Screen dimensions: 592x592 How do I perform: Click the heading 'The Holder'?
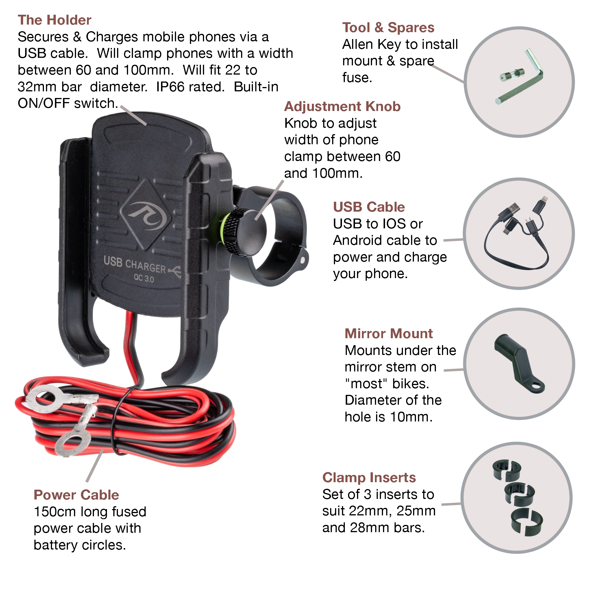click(x=54, y=20)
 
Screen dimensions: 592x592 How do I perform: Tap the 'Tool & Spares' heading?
click(x=388, y=27)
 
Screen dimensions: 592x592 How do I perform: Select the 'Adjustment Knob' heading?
click(x=342, y=107)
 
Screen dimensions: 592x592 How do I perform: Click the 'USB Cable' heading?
click(x=369, y=207)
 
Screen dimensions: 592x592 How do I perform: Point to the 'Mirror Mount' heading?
click(x=388, y=334)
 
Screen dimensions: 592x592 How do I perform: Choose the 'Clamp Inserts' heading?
click(x=369, y=478)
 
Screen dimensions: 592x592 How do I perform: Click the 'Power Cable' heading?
click(x=76, y=495)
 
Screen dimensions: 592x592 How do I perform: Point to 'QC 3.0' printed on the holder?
click(x=144, y=279)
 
